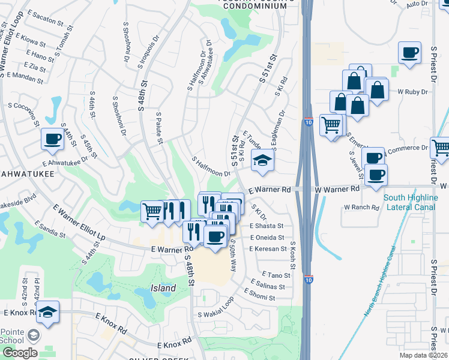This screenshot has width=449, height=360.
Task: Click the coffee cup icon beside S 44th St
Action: tap(52, 139)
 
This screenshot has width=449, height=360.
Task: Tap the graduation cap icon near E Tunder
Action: tap(262, 160)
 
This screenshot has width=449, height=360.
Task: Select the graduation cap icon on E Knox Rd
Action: tap(47, 312)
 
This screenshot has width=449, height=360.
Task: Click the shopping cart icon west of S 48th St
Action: tap(152, 211)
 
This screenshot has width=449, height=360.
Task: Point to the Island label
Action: tap(163, 288)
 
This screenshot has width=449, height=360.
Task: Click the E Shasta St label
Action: tap(266, 226)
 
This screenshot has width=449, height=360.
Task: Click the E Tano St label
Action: tap(267, 275)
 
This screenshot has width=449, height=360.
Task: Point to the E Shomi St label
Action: tap(259, 297)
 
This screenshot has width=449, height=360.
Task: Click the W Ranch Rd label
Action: tap(361, 208)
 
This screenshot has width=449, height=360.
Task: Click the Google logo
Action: tap(19, 353)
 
